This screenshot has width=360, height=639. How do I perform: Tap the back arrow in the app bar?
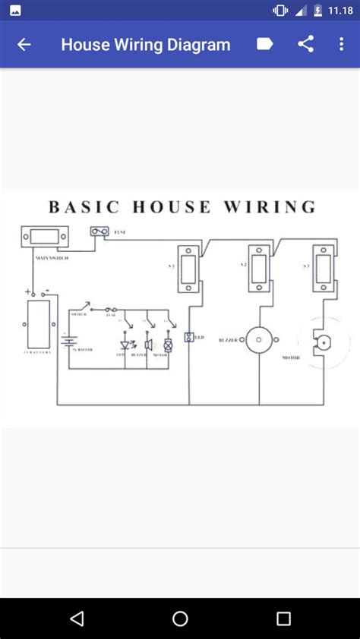[24, 45]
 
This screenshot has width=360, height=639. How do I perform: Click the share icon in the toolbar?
[305, 44]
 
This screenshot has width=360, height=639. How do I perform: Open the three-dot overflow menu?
[341, 44]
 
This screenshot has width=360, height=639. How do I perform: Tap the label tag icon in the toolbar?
[264, 44]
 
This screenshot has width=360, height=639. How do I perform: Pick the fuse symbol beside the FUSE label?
[99, 231]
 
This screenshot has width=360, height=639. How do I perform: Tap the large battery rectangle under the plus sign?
[39, 323]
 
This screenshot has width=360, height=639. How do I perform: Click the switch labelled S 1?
[188, 268]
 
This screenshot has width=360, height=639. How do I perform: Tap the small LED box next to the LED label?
[189, 336]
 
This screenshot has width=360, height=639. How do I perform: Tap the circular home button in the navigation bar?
[180, 619]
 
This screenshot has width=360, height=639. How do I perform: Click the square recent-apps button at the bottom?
[283, 619]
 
